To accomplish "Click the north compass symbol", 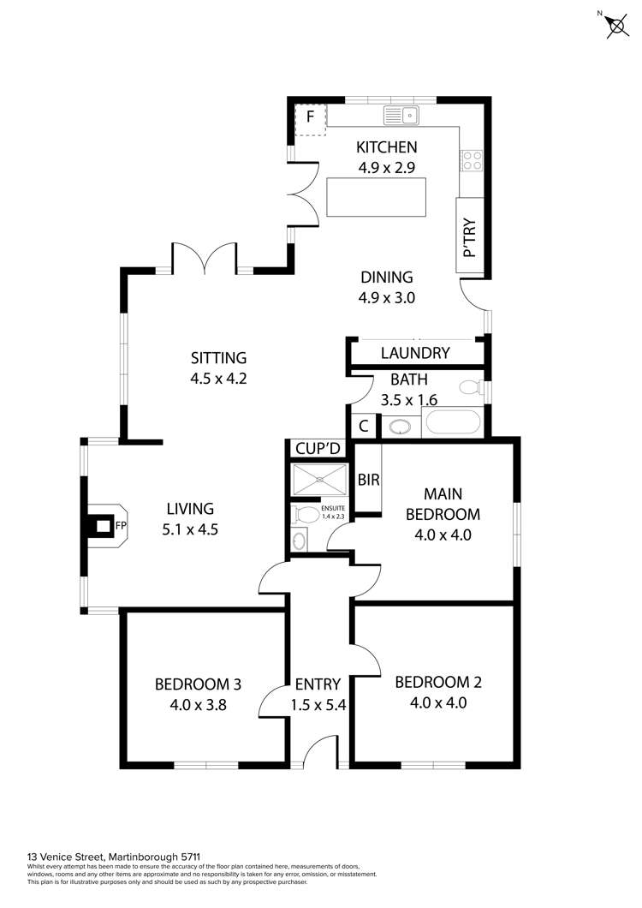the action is click(x=617, y=25).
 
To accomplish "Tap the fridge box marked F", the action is click(x=310, y=119).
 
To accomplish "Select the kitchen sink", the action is click(x=401, y=116).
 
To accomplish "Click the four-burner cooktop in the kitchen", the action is click(x=472, y=160).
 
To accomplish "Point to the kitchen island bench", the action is click(x=377, y=197).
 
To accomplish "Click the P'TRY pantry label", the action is click(x=470, y=236).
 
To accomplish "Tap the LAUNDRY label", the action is click(x=415, y=353).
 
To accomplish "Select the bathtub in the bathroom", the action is click(x=453, y=422).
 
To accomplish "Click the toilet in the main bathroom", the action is click(x=470, y=387).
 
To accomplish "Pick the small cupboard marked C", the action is click(x=364, y=427).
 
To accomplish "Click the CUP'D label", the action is click(x=318, y=449).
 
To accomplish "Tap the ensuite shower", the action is click(x=319, y=480).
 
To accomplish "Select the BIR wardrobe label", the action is click(x=369, y=480).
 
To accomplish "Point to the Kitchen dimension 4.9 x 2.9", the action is click(x=387, y=168).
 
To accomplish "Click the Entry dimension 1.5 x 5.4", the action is click(x=318, y=705).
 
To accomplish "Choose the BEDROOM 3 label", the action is click(x=198, y=684).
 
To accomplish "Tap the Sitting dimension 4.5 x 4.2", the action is click(x=219, y=379).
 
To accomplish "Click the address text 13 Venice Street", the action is click(x=65, y=856).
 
